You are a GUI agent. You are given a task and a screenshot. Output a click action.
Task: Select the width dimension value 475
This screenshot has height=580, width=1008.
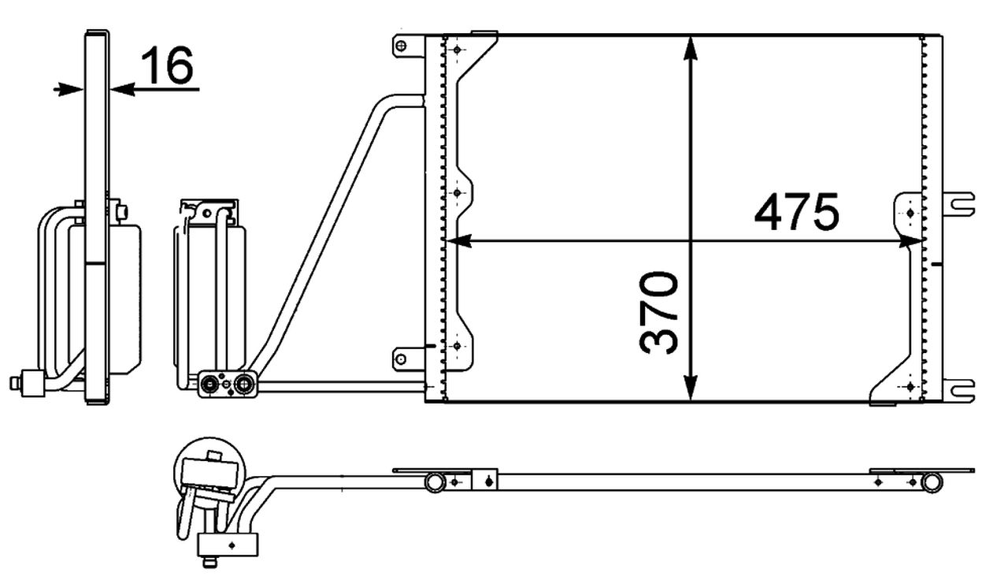coord(797,213)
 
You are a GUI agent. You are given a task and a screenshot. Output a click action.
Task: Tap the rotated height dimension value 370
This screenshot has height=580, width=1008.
coord(660,313)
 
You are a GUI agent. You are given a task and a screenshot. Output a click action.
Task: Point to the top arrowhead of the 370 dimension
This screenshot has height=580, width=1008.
coord(691,49)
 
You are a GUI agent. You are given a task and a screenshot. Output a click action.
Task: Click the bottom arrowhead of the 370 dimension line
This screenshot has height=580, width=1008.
coord(691,388)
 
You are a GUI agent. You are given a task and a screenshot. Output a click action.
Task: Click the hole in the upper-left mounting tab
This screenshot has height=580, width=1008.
coord(401,46)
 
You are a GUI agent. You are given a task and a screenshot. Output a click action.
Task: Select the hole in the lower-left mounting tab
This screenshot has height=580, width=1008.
coord(401,360)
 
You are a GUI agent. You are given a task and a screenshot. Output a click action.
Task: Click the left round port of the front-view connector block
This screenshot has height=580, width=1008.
coord(210,385)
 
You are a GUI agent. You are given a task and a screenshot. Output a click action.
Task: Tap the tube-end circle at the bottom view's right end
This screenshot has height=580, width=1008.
coord(932,481)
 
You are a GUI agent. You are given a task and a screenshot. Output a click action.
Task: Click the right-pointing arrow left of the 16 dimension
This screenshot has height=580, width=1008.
coord(69,89)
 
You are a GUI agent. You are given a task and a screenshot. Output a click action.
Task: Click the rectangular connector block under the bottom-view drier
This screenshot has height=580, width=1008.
coord(228,544)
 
